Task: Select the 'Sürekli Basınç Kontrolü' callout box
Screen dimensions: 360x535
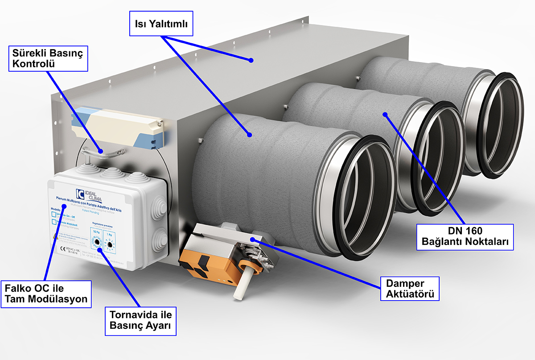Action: (48, 59)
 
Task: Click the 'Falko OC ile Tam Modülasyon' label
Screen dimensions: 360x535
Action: (46, 294)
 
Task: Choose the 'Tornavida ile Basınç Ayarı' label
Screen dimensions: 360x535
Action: (140, 320)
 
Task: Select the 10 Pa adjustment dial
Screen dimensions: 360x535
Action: (96, 243)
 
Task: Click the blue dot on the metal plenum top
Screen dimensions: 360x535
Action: (251, 59)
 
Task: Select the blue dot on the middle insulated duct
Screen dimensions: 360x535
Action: (385, 114)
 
